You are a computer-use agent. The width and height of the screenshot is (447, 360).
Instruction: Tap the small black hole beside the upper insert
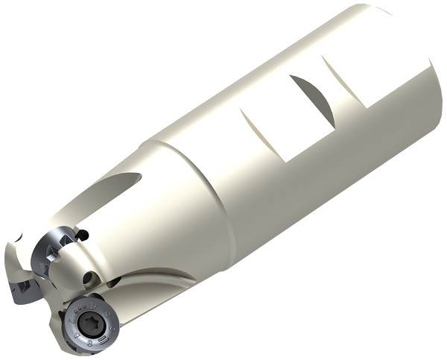(x=83, y=236)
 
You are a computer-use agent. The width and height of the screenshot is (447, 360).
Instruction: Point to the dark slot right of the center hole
(x=113, y=281)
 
